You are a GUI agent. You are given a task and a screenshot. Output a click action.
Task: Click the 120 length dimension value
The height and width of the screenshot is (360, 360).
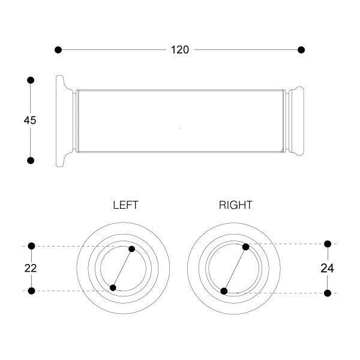coord(180,50)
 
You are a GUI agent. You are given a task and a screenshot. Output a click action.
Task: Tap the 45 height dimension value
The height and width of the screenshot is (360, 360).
coord(30,121)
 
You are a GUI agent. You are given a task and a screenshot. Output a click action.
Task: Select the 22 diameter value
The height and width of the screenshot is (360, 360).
coord(31,268)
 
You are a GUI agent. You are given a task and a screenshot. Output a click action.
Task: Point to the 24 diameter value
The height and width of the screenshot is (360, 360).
coord(327,268)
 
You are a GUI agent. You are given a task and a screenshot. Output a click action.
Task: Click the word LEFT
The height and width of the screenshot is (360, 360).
coord(125,205)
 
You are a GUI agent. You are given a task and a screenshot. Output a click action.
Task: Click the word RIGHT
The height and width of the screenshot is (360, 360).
coord(236,205)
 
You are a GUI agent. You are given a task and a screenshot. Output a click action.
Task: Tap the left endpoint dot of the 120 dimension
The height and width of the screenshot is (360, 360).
coord(58,50)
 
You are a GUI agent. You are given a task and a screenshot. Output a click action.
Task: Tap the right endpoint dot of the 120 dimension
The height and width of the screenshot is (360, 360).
coord(301,50)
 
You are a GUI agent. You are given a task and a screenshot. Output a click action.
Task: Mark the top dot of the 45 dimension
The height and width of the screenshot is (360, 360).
coord(31,80)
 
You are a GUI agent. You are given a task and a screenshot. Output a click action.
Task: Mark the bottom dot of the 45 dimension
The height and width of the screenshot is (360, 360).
coord(31,160)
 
